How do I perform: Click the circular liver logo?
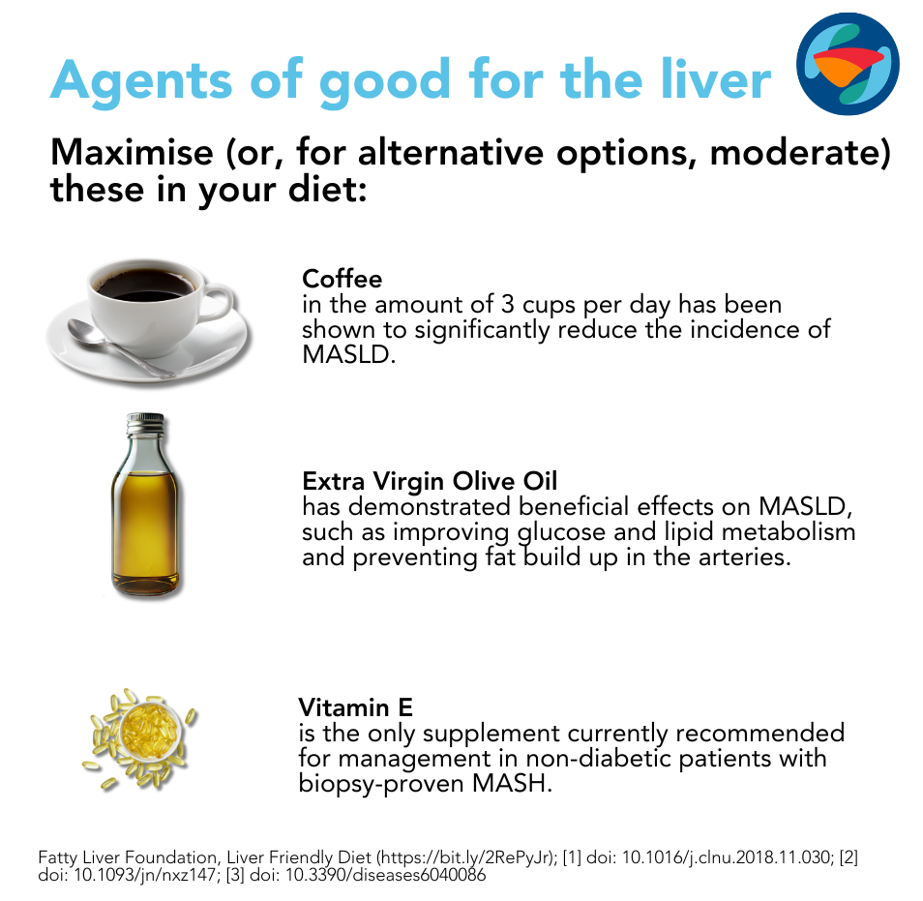[848, 64]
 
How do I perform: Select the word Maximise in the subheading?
[132, 152]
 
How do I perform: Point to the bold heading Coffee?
[342, 279]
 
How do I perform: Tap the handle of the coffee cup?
[218, 303]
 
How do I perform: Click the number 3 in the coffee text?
[507, 305]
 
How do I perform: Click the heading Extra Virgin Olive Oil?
[430, 481]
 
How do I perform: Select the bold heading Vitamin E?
[355, 707]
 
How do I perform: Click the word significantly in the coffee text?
[482, 330]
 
